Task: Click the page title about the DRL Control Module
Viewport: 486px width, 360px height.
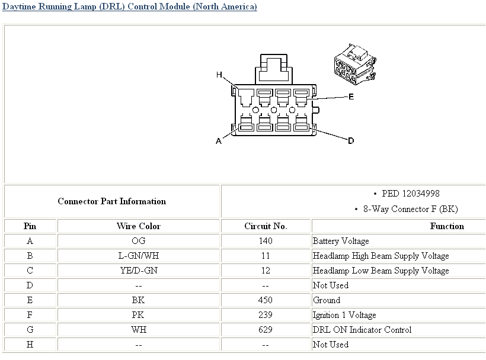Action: (x=130, y=7)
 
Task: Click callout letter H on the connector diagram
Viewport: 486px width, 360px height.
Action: (x=219, y=75)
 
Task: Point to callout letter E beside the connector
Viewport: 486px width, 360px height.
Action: (x=351, y=97)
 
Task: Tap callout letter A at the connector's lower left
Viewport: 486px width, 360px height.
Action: (x=219, y=141)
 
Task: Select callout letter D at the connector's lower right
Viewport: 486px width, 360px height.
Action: (x=351, y=140)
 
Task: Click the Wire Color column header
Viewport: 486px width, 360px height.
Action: (x=138, y=226)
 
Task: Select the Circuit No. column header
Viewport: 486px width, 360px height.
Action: (x=266, y=226)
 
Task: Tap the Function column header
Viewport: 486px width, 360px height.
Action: (x=447, y=226)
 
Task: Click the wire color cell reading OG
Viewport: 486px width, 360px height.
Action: (x=138, y=241)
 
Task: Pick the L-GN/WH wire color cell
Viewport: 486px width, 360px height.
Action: (x=138, y=256)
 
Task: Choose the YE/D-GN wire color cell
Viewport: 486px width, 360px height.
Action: (x=138, y=271)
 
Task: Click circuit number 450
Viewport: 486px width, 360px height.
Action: (x=266, y=300)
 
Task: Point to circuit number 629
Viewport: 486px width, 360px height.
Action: (x=266, y=330)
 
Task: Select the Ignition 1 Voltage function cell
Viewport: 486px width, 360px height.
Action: (x=344, y=315)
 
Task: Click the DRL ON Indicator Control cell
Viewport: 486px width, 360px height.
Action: (x=362, y=330)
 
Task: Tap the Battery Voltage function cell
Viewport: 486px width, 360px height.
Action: (x=341, y=241)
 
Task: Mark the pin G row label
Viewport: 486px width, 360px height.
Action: (x=30, y=330)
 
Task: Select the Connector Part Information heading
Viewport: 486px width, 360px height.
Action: (x=111, y=201)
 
